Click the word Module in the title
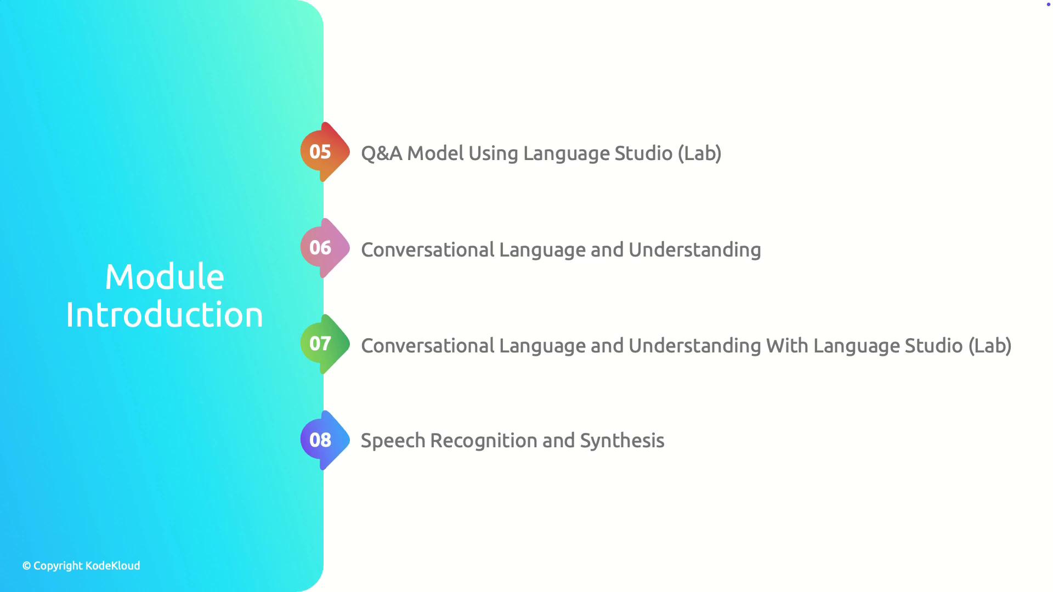click(x=165, y=276)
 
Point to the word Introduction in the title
click(x=165, y=315)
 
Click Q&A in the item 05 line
click(x=382, y=153)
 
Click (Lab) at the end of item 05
click(x=699, y=153)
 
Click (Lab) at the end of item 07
click(x=990, y=346)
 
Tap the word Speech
click(x=393, y=441)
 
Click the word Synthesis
click(x=622, y=441)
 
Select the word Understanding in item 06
click(x=695, y=251)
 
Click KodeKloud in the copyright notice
click(x=113, y=566)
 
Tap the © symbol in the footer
click(x=26, y=566)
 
